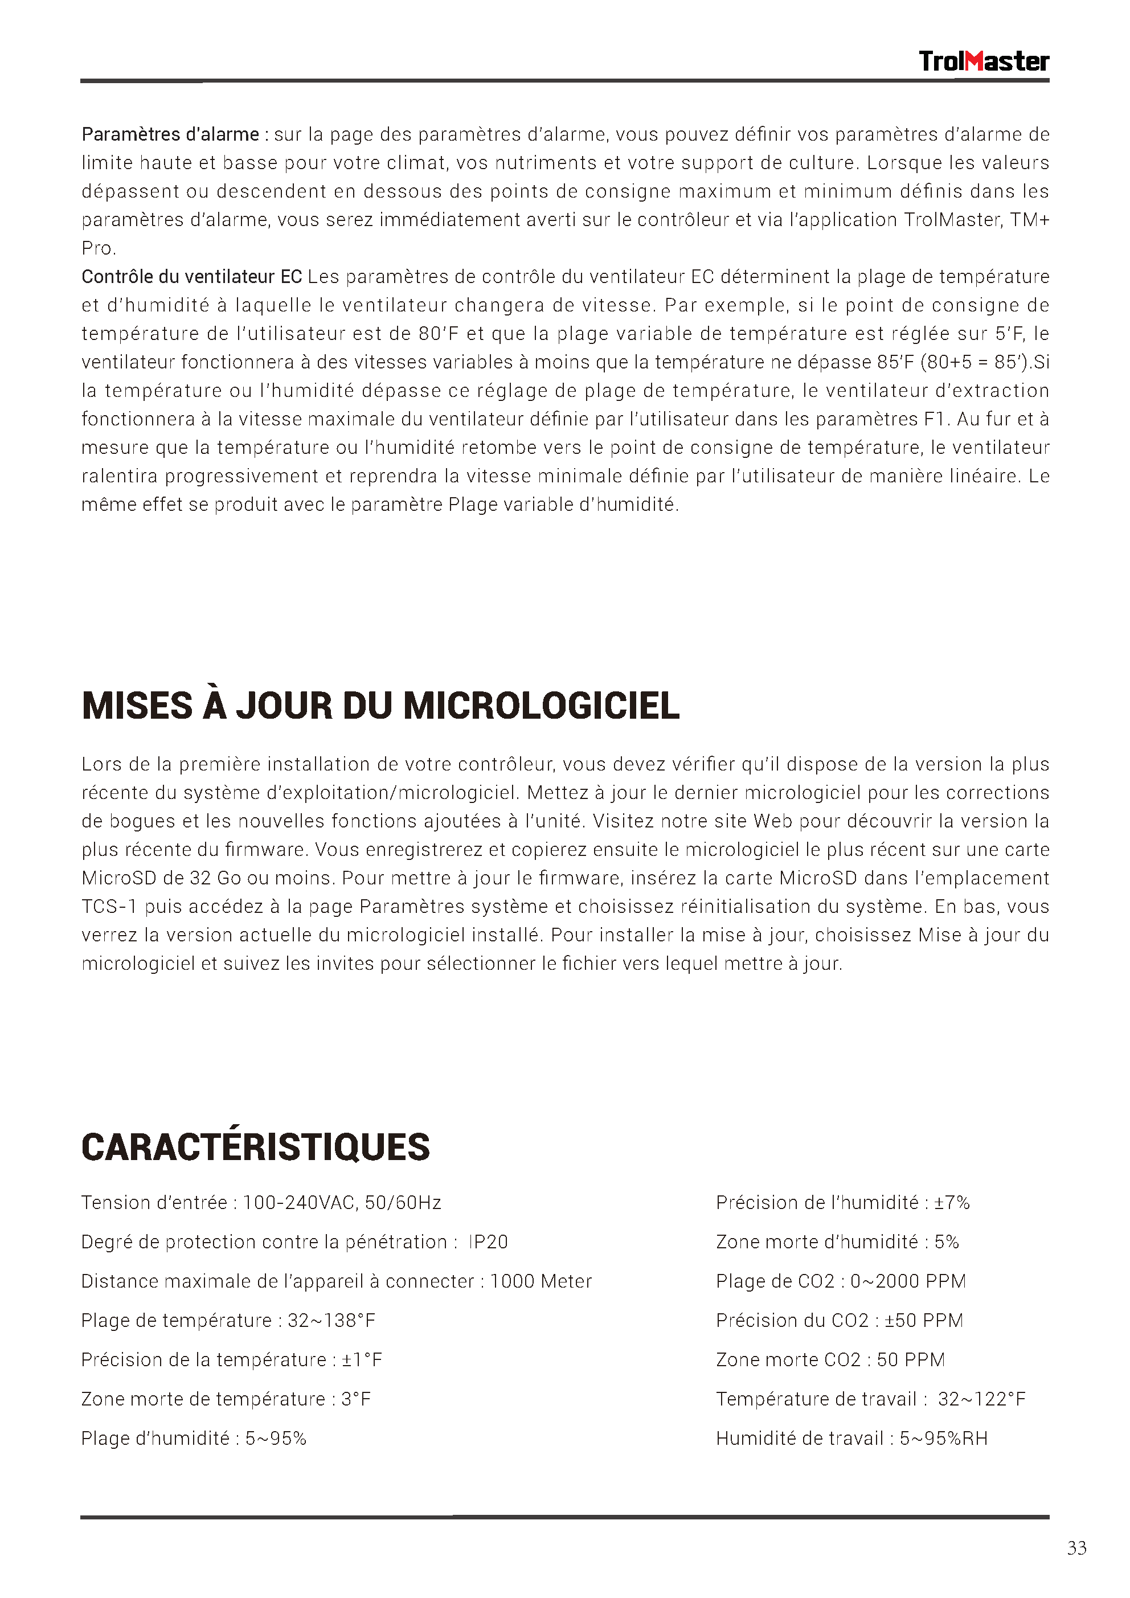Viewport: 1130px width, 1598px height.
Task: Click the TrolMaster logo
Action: click(x=983, y=62)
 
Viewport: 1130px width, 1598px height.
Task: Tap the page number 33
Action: click(x=1076, y=1548)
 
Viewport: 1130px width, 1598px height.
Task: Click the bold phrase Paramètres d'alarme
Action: click(x=170, y=134)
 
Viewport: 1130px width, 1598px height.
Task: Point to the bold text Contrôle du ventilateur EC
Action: click(x=191, y=277)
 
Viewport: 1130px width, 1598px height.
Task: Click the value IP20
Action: click(x=488, y=1242)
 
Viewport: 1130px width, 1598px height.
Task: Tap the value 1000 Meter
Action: click(x=541, y=1281)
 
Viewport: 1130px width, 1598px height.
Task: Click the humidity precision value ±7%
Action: click(x=952, y=1203)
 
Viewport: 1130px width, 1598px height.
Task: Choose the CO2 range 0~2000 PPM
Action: click(x=908, y=1281)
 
